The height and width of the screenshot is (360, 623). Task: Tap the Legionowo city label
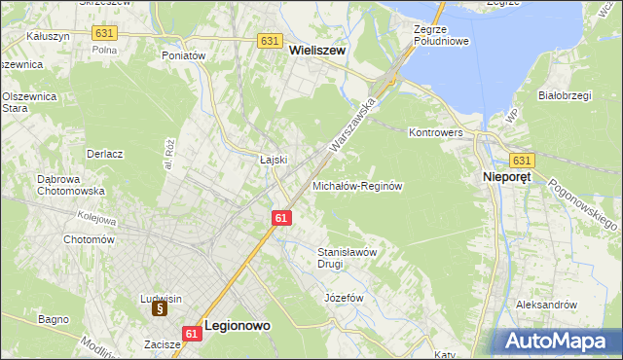[237, 328]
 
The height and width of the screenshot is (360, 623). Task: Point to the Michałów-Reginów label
[357, 185]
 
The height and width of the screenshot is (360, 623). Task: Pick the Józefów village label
[343, 298]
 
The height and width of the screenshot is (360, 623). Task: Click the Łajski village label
[273, 160]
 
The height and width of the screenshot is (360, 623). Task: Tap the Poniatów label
[184, 56]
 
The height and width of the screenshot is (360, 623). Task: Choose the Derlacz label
[104, 154]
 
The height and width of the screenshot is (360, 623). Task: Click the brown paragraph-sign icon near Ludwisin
[160, 308]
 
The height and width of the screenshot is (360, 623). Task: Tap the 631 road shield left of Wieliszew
[271, 41]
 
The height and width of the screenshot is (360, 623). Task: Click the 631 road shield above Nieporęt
[522, 161]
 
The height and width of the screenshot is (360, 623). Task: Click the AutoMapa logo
[558, 342]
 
